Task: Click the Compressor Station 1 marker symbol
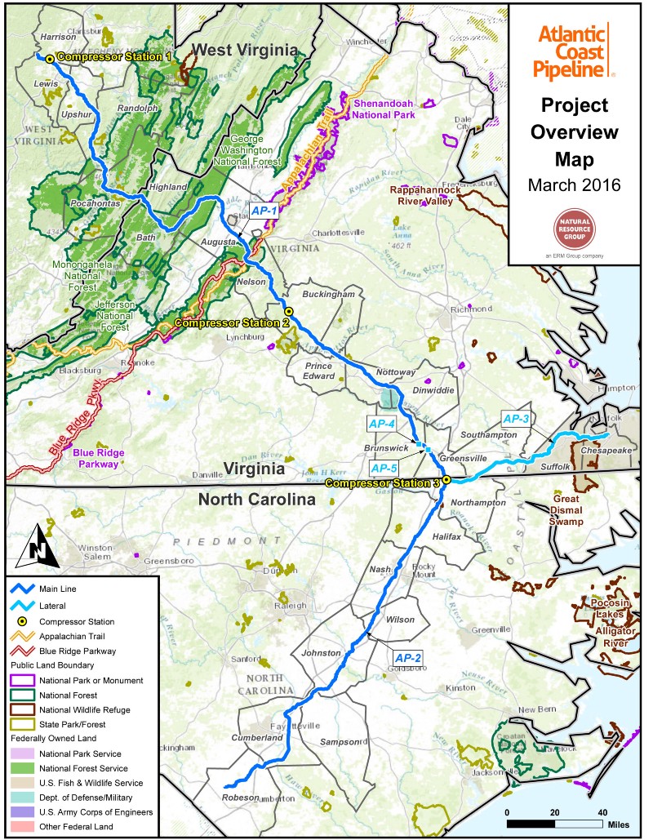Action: coord(49,58)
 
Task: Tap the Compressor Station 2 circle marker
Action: coord(288,311)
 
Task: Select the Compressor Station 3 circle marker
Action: coord(446,480)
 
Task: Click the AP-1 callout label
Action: coord(264,211)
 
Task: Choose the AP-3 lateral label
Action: coord(516,420)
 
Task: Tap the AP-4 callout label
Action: coord(381,424)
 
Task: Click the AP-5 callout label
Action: coord(383,468)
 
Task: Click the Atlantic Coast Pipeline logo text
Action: coord(571,51)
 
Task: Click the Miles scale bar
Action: coord(555,823)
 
